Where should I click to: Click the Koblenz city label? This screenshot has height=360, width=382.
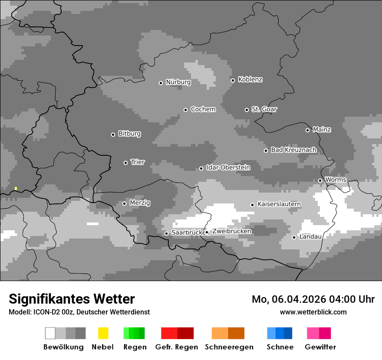coord(250,80)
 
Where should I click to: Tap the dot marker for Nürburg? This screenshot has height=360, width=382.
coord(161,83)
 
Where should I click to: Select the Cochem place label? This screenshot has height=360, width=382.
coord(203,109)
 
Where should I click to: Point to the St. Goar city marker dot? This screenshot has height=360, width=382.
coord(247,110)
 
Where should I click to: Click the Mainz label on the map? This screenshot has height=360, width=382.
coord(322,130)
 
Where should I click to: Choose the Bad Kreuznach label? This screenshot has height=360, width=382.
coord(293,150)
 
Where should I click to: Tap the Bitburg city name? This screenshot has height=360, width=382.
coord(129,134)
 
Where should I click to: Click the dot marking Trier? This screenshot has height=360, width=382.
coord(125,163)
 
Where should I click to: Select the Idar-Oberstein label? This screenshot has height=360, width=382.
coord(228,168)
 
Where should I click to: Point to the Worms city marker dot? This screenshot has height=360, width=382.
coord(320,180)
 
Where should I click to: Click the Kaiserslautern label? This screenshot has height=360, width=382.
coord(279,204)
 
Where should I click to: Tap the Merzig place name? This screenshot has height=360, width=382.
coord(140,203)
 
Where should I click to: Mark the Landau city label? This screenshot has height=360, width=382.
coord(310,237)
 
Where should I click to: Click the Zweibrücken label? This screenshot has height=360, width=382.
coord(231,232)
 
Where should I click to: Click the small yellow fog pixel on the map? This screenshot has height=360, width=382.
coord(16,188)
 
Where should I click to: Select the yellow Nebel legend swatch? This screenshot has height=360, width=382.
coord(103,333)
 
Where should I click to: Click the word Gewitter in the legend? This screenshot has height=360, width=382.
coord(320,347)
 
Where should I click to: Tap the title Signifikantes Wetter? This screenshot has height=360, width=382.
coord(72,299)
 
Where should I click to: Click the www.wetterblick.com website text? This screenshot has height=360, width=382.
coord(313,312)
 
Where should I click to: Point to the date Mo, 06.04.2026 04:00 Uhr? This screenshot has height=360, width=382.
coord(313,299)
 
